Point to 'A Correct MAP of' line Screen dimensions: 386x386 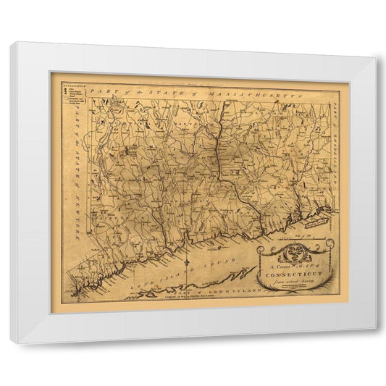(x=295, y=267)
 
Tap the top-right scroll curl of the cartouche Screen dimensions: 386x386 (x=330, y=244)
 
